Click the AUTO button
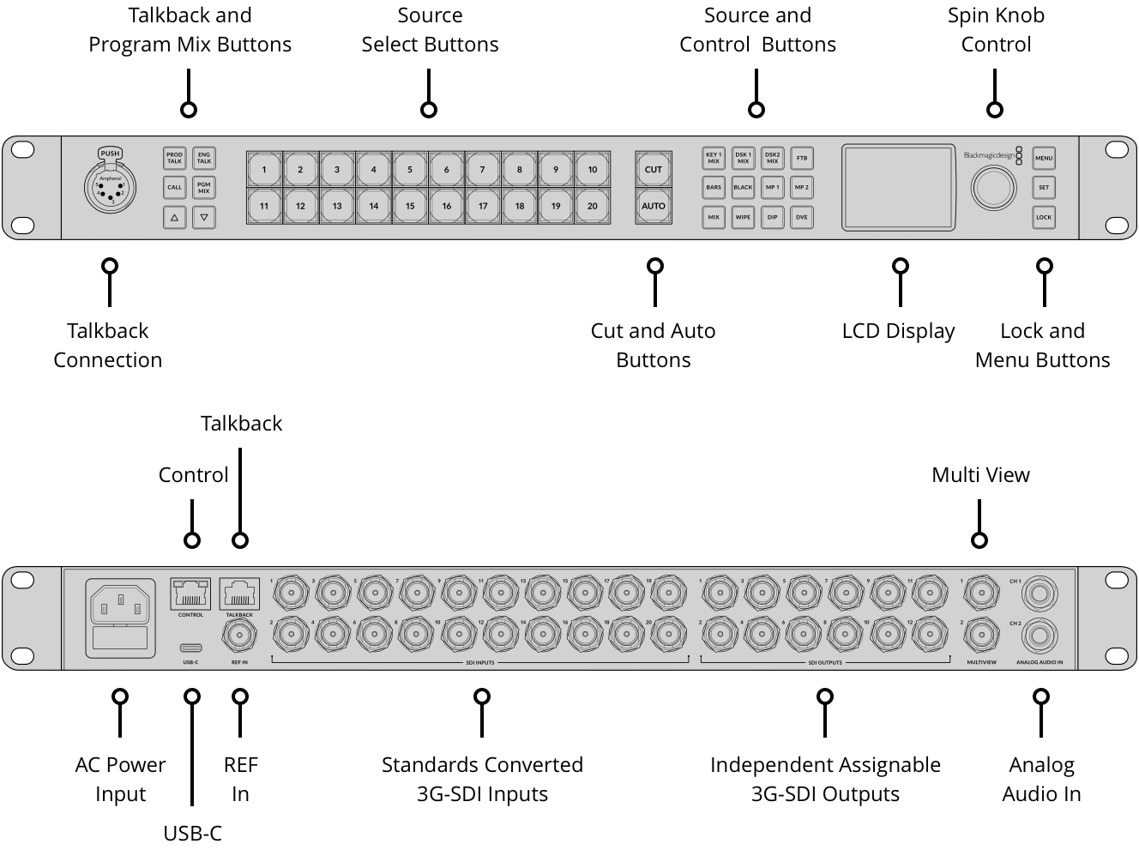[x=654, y=206]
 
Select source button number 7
[x=483, y=170]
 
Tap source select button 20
[x=592, y=206]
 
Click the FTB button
[x=802, y=159]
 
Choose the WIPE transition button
[x=743, y=217]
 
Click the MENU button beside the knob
[x=1043, y=159]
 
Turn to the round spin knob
[x=993, y=188]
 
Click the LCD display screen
[x=898, y=187]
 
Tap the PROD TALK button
[x=175, y=159]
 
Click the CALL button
[x=175, y=187]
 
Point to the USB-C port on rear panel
[x=190, y=648]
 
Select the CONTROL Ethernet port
[x=190, y=594]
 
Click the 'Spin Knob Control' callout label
[x=996, y=30]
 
